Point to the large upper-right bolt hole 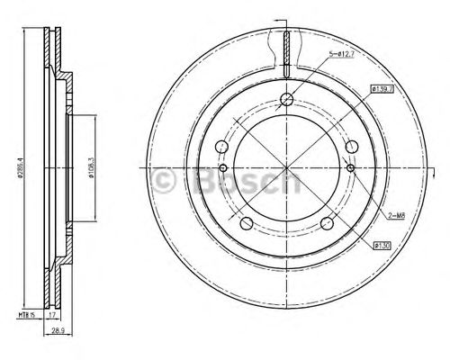pos(352,166)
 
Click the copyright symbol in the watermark pos(165,184)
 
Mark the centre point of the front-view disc pos(285,168)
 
